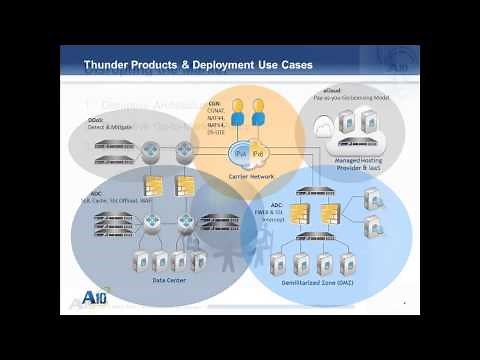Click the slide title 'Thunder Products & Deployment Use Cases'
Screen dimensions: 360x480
point(197,66)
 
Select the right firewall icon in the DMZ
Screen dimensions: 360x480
point(332,213)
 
